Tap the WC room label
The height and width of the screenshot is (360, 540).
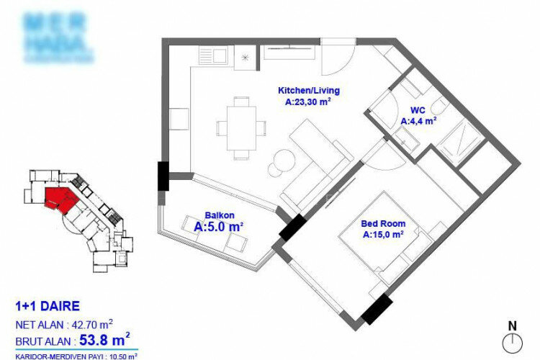click(418, 111)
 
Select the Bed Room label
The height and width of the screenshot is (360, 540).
click(382, 223)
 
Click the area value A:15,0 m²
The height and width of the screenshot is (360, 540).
click(382, 234)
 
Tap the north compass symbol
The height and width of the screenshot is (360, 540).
click(512, 339)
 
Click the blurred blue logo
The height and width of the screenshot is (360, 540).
click(58, 36)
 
